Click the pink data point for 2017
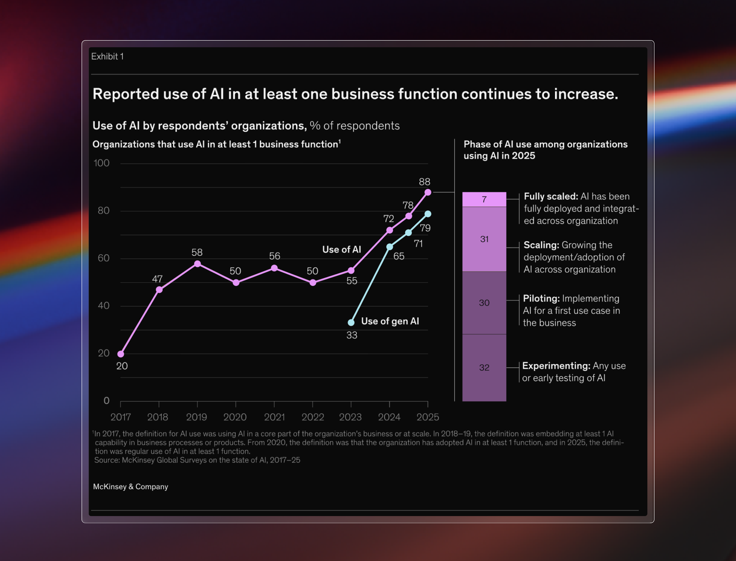[x=121, y=354]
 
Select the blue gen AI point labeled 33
[x=351, y=323]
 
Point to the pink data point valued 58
[x=198, y=264]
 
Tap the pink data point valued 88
[x=428, y=192]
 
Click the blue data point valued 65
[x=390, y=247]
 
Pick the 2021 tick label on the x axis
[x=274, y=417]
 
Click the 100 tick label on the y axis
[x=101, y=163]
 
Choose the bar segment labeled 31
[x=484, y=239]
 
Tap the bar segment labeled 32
[x=484, y=368]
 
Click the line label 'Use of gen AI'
[x=390, y=321]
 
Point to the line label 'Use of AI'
[x=341, y=249]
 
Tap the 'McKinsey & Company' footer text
[x=130, y=487]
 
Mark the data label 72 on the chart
[x=389, y=219]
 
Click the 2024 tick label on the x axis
[x=389, y=417]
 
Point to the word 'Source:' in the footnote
[x=107, y=460]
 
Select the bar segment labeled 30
[x=484, y=303]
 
